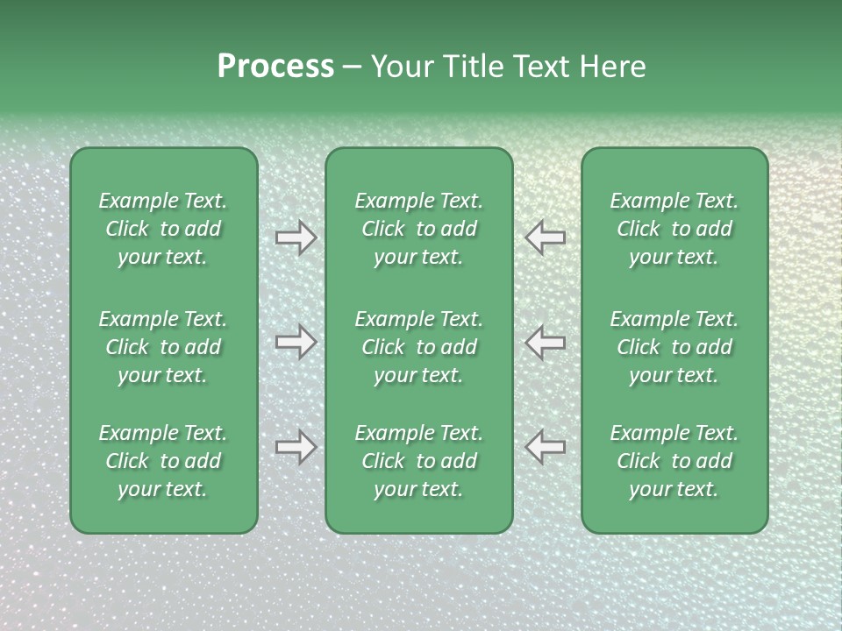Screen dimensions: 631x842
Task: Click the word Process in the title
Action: pos(275,67)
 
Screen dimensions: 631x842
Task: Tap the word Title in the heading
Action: pos(474,67)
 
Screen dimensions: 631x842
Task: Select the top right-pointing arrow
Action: pos(296,238)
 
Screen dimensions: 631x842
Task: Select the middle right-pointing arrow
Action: pos(296,342)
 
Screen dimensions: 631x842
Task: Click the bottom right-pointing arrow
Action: pos(296,447)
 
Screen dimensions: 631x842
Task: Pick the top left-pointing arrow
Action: pos(545,238)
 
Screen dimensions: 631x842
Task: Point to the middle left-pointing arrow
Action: pos(545,342)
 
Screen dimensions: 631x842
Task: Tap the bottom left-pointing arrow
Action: pos(545,447)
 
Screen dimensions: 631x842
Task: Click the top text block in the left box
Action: pos(163,229)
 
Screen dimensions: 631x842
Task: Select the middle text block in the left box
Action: pos(163,347)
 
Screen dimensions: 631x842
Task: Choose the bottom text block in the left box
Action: pos(163,461)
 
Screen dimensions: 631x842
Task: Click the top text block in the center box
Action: pos(418,229)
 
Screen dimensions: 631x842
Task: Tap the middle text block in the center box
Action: pos(418,347)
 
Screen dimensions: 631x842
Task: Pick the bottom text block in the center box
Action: pos(418,461)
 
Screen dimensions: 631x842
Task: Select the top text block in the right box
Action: pos(674,229)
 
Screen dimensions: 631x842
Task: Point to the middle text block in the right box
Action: pos(674,347)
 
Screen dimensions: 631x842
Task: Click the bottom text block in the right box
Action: pos(674,461)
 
